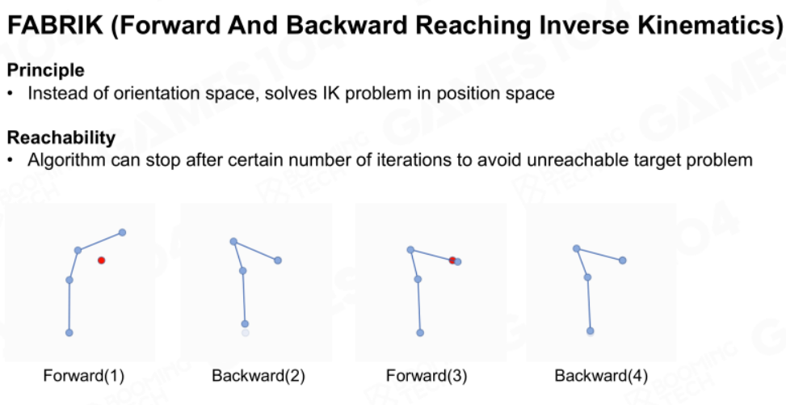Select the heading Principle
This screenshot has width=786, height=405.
pyautogui.click(x=45, y=70)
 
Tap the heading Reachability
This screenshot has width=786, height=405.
pyautogui.click(x=61, y=137)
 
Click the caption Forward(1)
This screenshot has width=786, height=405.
pyautogui.click(x=84, y=375)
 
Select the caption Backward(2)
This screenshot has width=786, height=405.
pyautogui.click(x=258, y=375)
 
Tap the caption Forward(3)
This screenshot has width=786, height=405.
pyautogui.click(x=427, y=375)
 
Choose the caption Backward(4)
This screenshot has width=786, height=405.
pyautogui.click(x=601, y=375)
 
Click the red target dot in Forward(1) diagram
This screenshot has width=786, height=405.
pyautogui.click(x=101, y=260)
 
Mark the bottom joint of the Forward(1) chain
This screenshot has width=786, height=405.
pyautogui.click(x=69, y=332)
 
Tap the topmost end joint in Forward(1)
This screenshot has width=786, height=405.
pyautogui.click(x=122, y=232)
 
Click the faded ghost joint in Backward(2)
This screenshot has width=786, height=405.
pyautogui.click(x=245, y=332)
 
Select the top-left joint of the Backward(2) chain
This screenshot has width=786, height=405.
pyautogui.click(x=233, y=242)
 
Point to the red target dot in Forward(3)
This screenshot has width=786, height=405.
pyautogui.click(x=452, y=260)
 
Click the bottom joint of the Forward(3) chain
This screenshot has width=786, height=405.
pyautogui.click(x=420, y=333)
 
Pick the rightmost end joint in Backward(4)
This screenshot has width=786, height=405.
pyautogui.click(x=623, y=260)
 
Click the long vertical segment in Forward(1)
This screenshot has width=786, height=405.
pyautogui.click(x=69, y=306)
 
